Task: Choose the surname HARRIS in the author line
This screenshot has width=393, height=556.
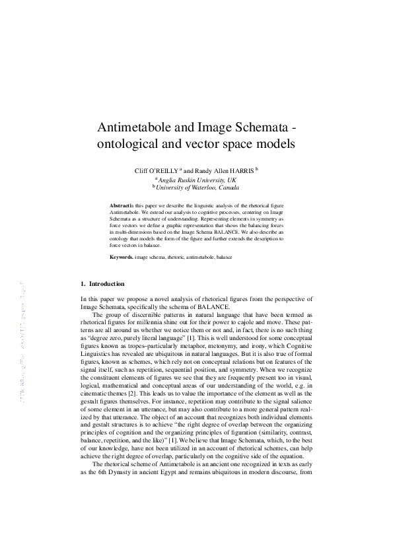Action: tap(240, 170)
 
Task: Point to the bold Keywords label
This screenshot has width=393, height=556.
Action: tap(121, 256)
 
